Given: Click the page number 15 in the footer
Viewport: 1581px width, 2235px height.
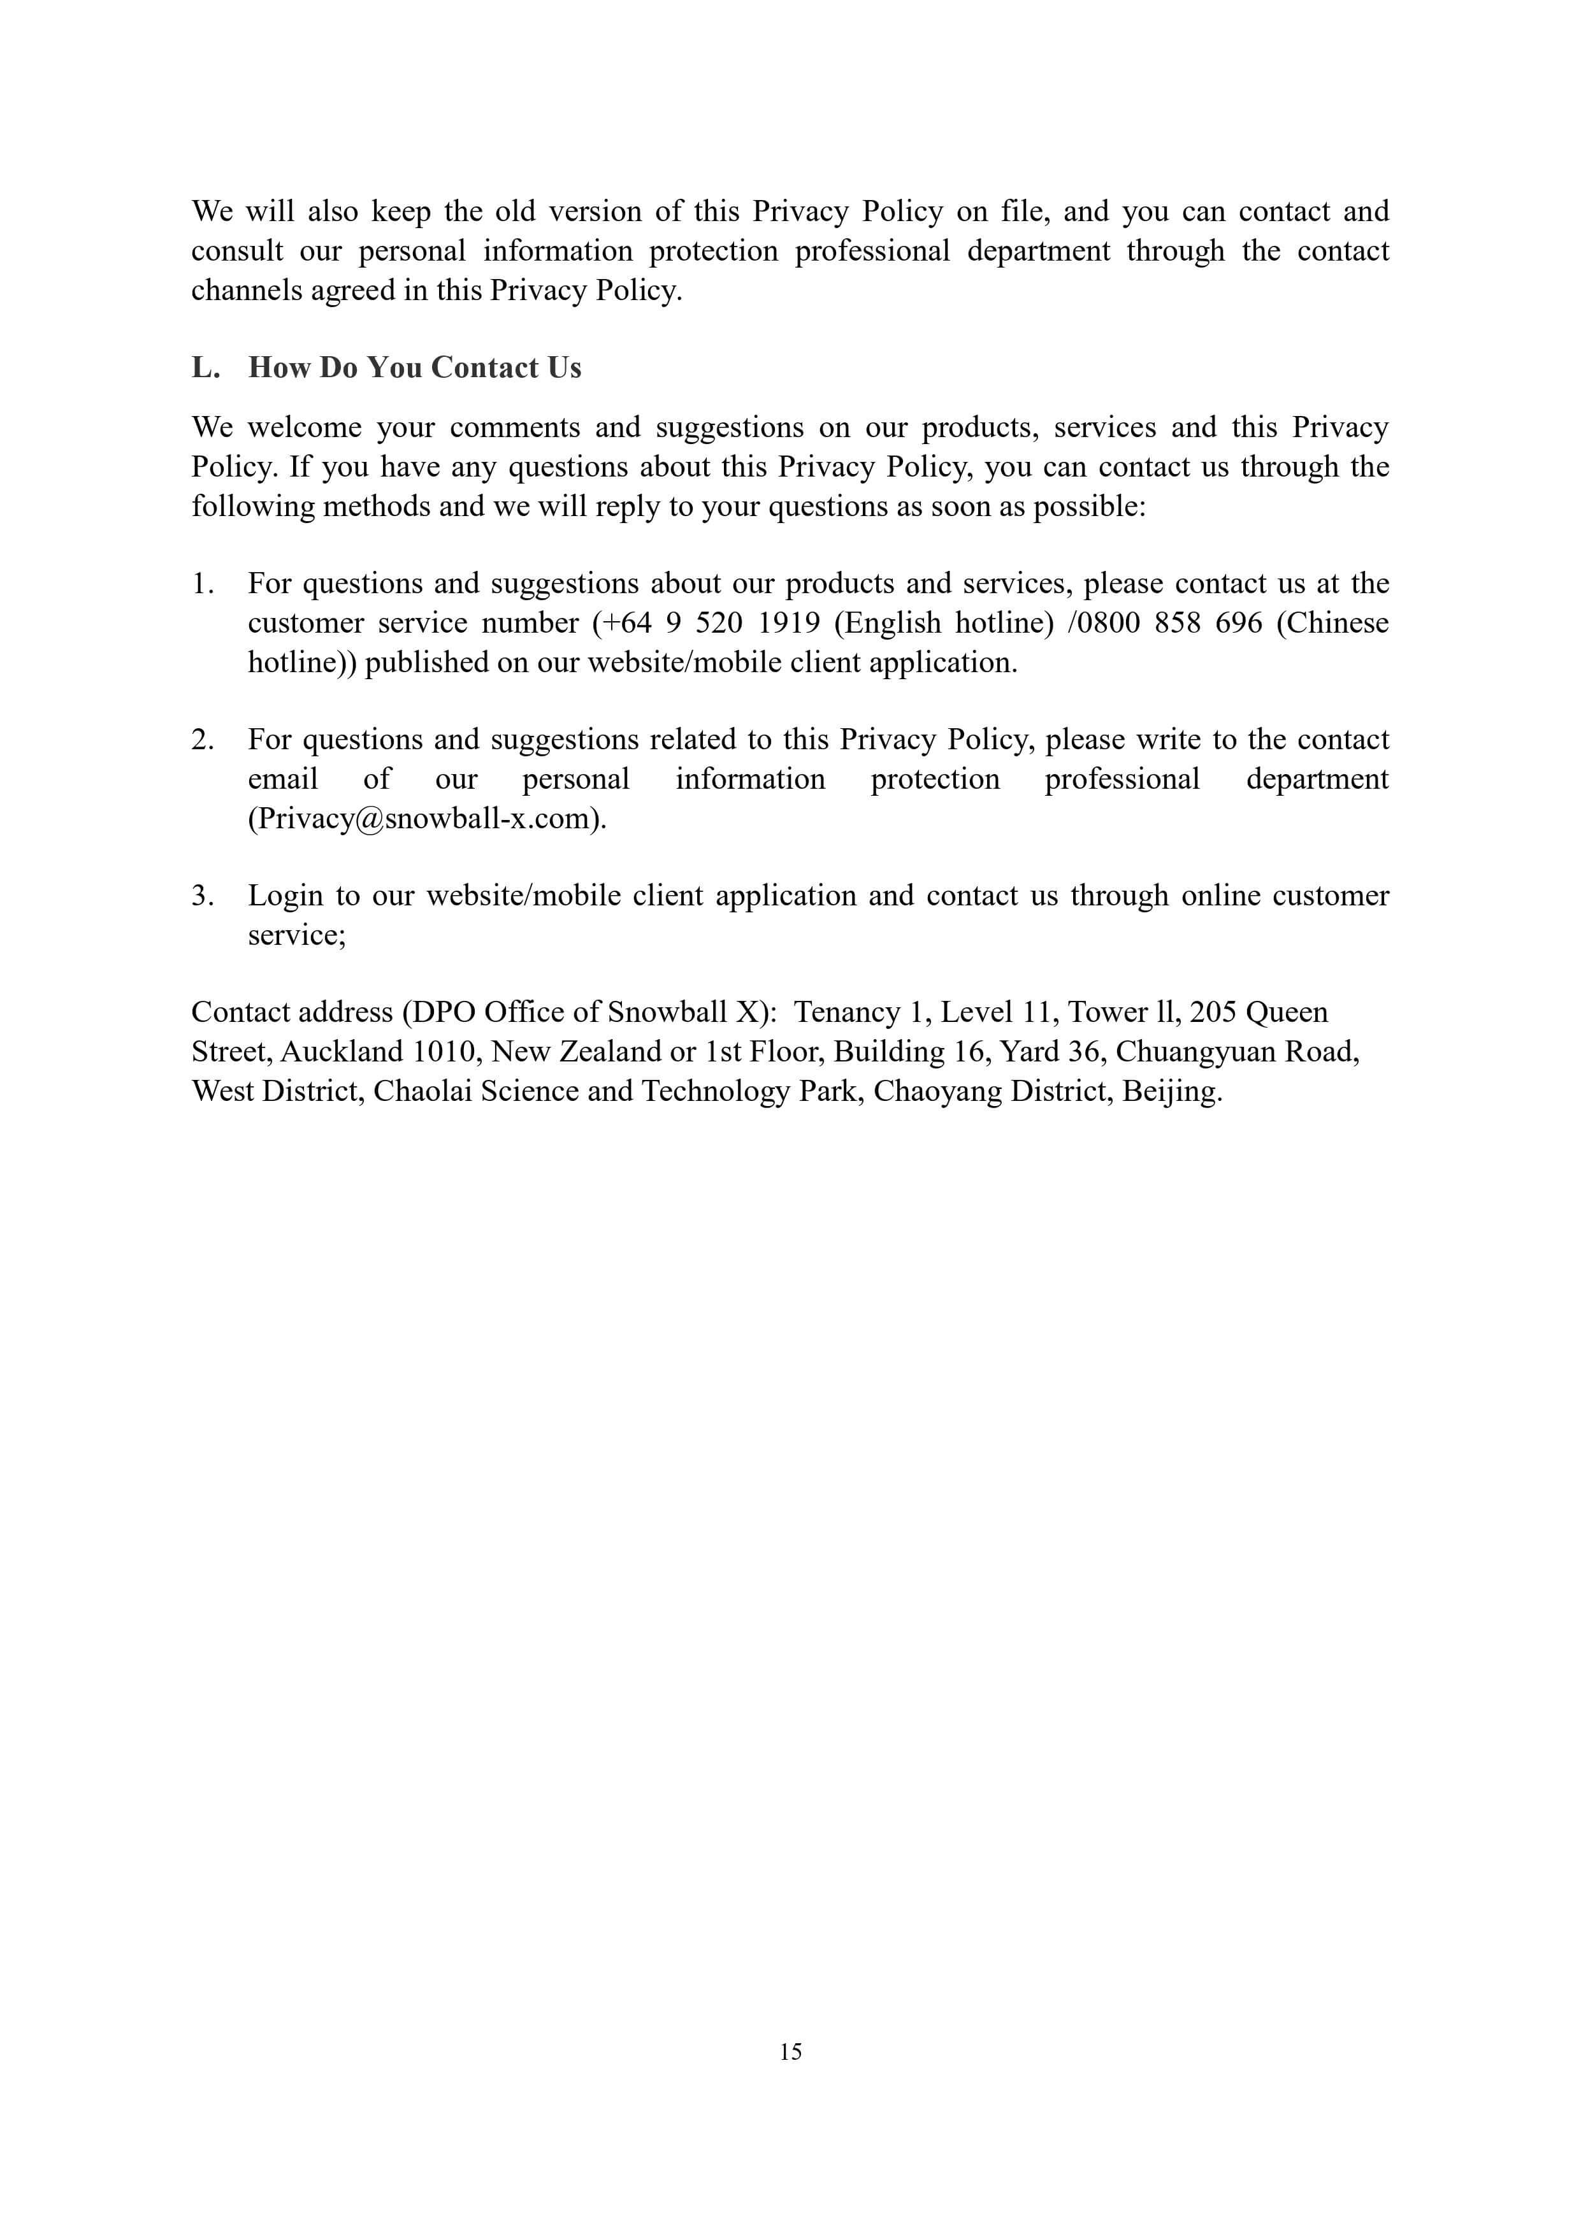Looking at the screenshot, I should pyautogui.click(x=790, y=2051).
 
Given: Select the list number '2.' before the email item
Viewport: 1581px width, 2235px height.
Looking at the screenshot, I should pyautogui.click(x=203, y=739).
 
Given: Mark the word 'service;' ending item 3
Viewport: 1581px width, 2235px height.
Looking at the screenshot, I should pyautogui.click(x=297, y=935).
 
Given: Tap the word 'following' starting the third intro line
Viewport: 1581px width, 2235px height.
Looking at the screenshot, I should pyautogui.click(x=252, y=506).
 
